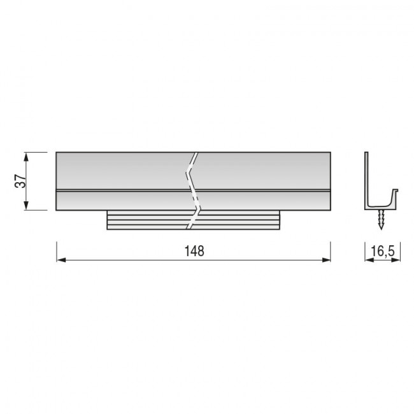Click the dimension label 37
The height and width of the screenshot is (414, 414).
pos(20,181)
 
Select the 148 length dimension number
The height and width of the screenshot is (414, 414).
pos(194,251)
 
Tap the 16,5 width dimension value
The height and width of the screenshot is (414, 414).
pos(382,252)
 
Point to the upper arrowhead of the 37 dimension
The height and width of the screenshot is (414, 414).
pos(26,156)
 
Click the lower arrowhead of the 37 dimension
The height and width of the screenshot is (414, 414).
pos(26,206)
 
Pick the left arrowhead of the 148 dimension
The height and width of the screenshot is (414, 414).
pos(61,259)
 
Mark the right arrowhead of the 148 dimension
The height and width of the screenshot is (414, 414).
pos(327,259)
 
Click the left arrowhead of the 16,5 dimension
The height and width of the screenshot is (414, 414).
pos(368,259)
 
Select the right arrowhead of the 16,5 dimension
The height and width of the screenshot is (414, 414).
pos(397,259)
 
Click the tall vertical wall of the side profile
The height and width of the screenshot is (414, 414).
pos(367,178)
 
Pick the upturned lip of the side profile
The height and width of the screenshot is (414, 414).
pos(397,194)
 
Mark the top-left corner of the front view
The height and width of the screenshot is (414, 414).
pos(56,152)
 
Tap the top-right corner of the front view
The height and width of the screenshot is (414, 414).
pos(331,152)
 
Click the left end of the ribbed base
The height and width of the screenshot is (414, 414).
pos(107,220)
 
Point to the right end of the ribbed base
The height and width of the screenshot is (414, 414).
pos(280,220)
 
